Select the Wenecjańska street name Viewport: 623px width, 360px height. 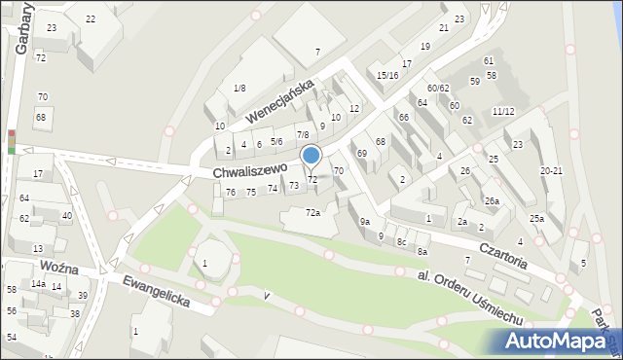pyautogui.click(x=279, y=102)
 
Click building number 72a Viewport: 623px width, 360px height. pyautogui.click(x=312, y=212)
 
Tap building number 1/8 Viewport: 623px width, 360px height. pyautogui.click(x=239, y=89)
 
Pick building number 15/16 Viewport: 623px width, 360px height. pyautogui.click(x=387, y=75)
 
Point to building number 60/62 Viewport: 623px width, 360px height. pyautogui.click(x=437, y=89)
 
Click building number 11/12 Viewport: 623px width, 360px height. pyautogui.click(x=503, y=111)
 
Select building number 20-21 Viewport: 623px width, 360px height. pyautogui.click(x=552, y=170)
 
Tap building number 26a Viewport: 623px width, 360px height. pyautogui.click(x=493, y=201)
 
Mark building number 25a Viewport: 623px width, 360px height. pyautogui.click(x=536, y=218)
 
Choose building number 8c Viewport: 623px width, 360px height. pyautogui.click(x=400, y=241)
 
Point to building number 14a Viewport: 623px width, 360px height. pyautogui.click(x=37, y=283)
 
